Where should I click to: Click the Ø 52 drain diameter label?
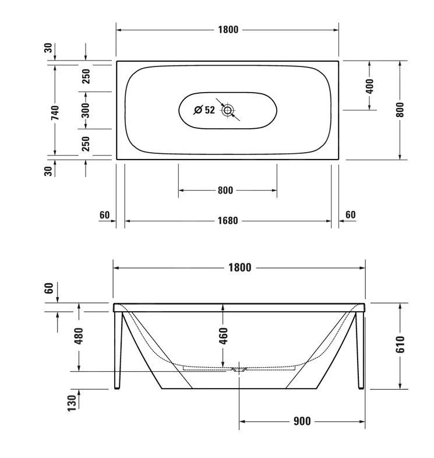pos(204,110)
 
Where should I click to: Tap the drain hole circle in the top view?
pos(227,110)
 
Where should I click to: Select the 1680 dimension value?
pos(228,221)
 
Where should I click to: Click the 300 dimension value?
pos(86,110)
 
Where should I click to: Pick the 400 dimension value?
pos(370,86)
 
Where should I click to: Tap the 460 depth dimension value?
pos(223,336)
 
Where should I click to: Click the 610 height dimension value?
pos(400,345)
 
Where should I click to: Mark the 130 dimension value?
pos(72,401)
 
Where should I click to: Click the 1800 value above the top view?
pos(228,30)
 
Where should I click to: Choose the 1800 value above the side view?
pos(239,267)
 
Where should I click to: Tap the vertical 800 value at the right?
pos(400,110)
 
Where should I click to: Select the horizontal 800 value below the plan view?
pos(225,190)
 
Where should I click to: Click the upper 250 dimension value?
pos(86,76)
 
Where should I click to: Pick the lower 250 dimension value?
pos(86,143)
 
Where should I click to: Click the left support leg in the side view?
pos(119,350)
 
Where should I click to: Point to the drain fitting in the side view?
pos(239,369)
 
